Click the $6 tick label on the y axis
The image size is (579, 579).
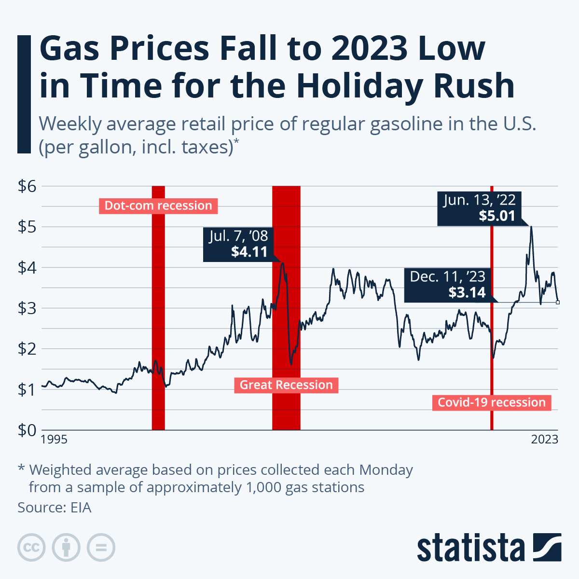point(27,186)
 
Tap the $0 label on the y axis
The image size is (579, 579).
point(27,430)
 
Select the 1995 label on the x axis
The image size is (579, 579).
point(54,440)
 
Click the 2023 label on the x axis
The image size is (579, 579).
point(545,440)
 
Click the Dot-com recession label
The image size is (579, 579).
point(158,206)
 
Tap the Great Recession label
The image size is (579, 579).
point(286,385)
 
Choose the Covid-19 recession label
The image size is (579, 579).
point(491,402)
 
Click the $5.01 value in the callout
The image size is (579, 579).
point(497,216)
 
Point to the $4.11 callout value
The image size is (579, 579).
point(249,251)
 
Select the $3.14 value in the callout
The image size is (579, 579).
point(467,292)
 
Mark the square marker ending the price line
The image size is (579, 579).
point(558,303)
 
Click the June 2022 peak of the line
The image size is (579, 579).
point(531,227)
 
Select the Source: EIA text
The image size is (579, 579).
point(54,508)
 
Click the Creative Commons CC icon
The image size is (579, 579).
point(31,548)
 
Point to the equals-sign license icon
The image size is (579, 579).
point(101,548)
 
